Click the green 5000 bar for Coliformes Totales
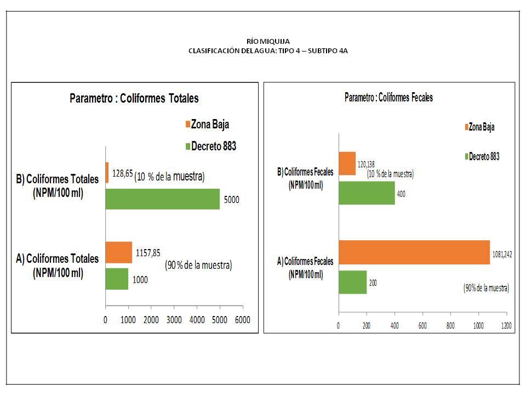162,199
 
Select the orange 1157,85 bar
118,252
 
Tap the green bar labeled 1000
117,279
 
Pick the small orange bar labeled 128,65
107,172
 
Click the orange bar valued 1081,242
414,252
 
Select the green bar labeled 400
367,193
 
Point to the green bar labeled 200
352,282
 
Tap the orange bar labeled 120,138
347,163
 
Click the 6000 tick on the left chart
243,320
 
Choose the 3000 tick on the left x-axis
174,320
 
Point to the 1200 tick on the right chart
506,325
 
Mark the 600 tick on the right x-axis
422,325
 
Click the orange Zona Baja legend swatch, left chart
187,125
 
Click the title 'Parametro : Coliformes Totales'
134,99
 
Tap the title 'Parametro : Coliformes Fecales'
388,98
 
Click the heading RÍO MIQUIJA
268,41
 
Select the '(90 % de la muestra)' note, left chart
198,266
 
